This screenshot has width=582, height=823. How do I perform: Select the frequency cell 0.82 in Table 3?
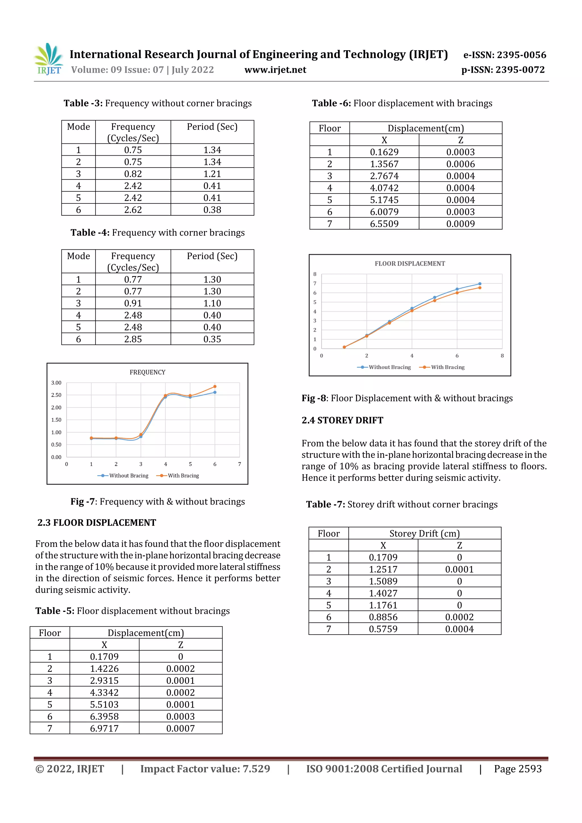(x=133, y=174)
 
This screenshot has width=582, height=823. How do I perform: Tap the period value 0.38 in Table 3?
(x=212, y=210)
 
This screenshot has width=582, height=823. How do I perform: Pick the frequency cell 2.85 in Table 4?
(x=133, y=339)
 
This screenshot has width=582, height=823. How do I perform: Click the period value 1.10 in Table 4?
(x=212, y=303)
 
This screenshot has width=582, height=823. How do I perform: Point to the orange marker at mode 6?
(x=215, y=386)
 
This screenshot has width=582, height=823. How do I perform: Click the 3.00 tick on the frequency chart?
(x=56, y=383)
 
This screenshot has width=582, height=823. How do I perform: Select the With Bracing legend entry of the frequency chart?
(x=178, y=476)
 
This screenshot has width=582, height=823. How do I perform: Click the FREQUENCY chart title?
(x=147, y=372)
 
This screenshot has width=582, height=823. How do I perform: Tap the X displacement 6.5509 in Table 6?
(x=384, y=224)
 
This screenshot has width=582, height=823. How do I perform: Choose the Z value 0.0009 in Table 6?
(x=460, y=224)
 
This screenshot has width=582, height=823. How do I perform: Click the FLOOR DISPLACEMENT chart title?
(x=410, y=263)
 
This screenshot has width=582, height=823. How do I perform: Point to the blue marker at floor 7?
(x=480, y=284)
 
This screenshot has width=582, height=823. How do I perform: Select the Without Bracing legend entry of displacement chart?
(x=384, y=367)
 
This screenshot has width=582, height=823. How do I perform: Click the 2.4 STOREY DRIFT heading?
(x=342, y=420)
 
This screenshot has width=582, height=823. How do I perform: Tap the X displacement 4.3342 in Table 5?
(x=104, y=693)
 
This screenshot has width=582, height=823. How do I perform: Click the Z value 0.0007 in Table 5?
(x=180, y=728)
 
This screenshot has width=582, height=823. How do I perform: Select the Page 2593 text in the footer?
(x=517, y=768)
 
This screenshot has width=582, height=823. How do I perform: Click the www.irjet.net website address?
(x=275, y=70)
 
